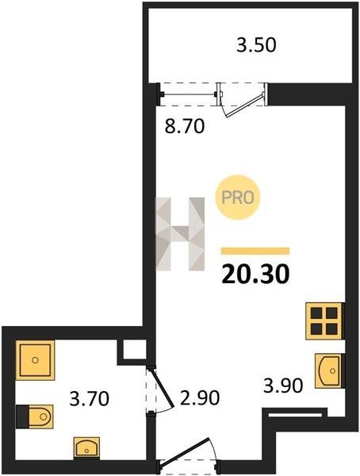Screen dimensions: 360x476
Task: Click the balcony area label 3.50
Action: pos(256,45)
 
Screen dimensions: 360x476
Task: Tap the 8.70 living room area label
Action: pos(184,126)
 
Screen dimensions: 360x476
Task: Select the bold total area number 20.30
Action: pos(255,274)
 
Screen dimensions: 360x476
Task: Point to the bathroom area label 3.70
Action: pos(89,398)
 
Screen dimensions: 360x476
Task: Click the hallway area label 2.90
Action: pos(199,397)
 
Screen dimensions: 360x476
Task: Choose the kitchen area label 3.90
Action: pos(283,385)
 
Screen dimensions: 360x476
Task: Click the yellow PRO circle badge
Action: pos(238,198)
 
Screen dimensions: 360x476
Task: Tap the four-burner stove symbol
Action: pos(324,321)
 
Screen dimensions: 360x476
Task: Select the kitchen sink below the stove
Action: pos(328,370)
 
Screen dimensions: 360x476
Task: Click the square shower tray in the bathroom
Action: pos(35,360)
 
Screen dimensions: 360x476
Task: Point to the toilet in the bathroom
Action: pos(35,416)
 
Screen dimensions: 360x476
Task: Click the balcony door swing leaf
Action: pos(243,106)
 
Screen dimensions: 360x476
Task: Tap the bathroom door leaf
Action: pos(162,387)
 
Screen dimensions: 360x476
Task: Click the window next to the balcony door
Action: pos(189,94)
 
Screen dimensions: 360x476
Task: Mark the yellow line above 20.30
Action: pos(255,251)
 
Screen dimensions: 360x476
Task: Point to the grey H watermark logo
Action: pos(180,234)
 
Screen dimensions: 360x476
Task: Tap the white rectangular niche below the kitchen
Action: pos(295,414)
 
